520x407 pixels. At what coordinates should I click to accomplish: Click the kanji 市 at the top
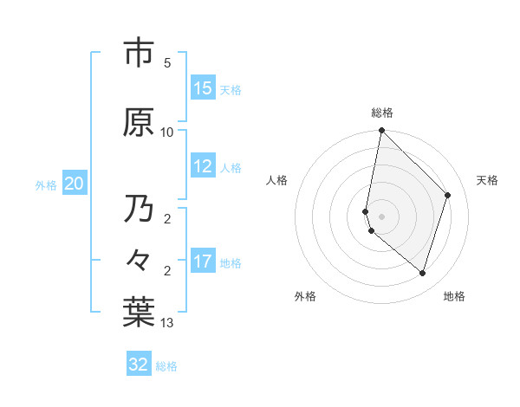pos(140,53)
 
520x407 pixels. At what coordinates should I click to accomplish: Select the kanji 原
pos(140,122)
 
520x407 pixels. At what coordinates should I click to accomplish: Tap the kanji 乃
pos(140,210)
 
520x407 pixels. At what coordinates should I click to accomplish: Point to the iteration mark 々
pos(140,261)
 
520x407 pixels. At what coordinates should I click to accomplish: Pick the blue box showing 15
pos(203,88)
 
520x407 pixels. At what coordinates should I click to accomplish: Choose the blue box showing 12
pos(203,166)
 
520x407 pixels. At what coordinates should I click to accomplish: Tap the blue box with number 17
pos(203,261)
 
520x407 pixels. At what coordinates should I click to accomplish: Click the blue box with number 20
pos(75,183)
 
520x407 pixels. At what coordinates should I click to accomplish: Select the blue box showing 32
pos(139,365)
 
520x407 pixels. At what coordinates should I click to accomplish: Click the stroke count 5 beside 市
pos(167,63)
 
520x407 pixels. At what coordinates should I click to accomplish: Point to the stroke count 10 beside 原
pos(167,132)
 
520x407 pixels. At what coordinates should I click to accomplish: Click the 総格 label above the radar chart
pos(382,112)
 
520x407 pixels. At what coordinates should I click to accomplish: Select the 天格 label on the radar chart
pos(488,180)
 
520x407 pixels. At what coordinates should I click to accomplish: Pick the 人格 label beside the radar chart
pos(277,180)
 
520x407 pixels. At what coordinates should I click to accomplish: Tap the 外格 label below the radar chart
pos(305,296)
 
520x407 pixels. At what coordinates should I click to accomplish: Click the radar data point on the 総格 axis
pos(382,131)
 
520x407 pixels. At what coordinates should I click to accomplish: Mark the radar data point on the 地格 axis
pos(422,273)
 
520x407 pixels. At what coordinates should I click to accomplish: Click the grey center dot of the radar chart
pos(382,216)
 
